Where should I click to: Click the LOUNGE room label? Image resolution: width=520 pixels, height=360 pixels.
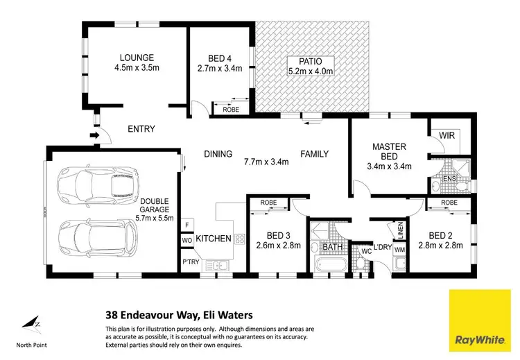[x=136, y=57]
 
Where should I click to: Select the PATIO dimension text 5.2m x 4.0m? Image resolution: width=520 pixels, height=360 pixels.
[x=311, y=70]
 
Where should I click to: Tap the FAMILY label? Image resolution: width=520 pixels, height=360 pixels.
[x=314, y=154]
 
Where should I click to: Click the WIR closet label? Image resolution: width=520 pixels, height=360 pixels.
[x=447, y=136]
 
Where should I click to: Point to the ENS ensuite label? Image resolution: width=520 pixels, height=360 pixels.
[x=449, y=178]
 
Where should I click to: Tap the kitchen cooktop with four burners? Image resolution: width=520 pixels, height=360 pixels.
[x=240, y=239]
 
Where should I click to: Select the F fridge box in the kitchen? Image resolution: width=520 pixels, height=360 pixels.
[x=187, y=225]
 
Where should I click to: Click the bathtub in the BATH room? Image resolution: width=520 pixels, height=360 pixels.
[x=329, y=266]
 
